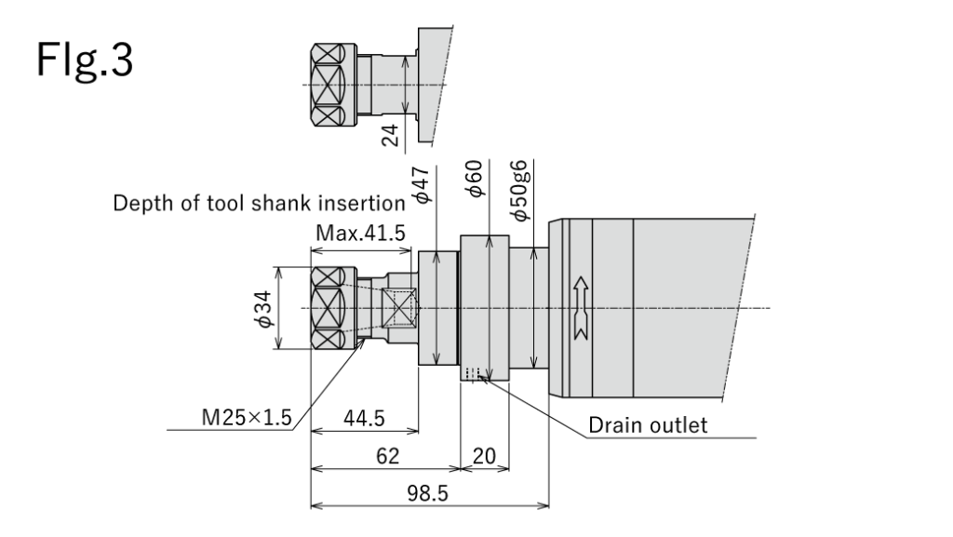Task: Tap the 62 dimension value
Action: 387,456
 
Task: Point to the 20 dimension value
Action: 483,456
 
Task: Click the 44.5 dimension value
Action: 364,419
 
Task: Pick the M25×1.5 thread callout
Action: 247,419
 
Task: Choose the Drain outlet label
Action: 648,425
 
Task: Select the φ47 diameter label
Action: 422,184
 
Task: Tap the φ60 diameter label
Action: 476,177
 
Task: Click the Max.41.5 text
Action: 360,233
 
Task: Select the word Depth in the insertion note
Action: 140,203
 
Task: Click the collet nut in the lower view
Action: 332,307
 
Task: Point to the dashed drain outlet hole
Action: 473,374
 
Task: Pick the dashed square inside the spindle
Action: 402,307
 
